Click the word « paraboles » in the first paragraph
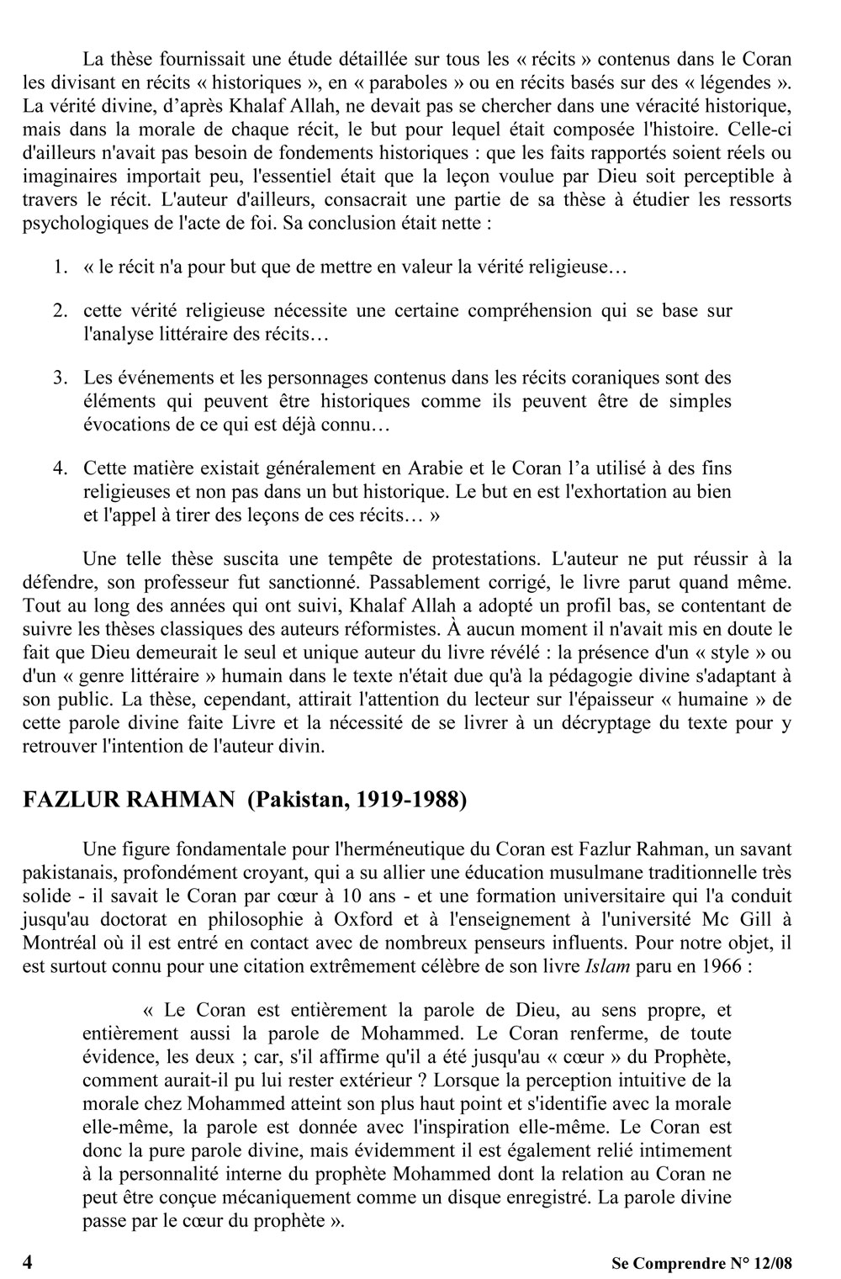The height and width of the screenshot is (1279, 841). coord(442,82)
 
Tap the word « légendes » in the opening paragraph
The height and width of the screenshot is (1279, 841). coord(730,82)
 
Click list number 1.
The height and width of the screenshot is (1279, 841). coord(60,267)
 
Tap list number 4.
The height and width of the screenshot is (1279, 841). coord(60,468)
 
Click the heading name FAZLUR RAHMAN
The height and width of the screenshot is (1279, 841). coord(129,800)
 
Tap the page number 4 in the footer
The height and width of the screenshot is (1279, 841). coord(28,1262)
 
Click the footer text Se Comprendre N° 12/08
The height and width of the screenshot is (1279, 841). coord(701,1263)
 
